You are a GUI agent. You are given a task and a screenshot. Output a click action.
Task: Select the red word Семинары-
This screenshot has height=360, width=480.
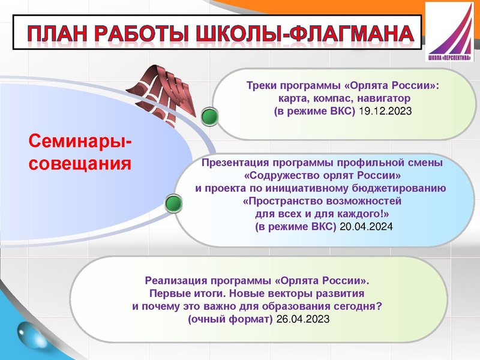point(82,142)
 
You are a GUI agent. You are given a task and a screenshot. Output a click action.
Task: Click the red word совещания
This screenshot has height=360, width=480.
point(80,163)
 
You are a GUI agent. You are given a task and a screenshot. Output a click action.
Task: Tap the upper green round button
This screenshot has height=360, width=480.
point(209,117)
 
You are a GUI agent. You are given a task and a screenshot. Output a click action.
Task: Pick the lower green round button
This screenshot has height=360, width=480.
point(173,203)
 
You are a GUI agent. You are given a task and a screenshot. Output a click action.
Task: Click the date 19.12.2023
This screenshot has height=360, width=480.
point(385,112)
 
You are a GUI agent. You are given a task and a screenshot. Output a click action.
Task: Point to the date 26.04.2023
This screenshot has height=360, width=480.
point(302,319)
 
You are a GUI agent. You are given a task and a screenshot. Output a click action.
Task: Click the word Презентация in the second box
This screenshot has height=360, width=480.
point(237,163)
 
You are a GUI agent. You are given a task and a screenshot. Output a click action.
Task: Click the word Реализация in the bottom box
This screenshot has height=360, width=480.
point(177,280)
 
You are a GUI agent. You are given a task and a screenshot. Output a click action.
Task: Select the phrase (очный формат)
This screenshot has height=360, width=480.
point(230,319)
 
